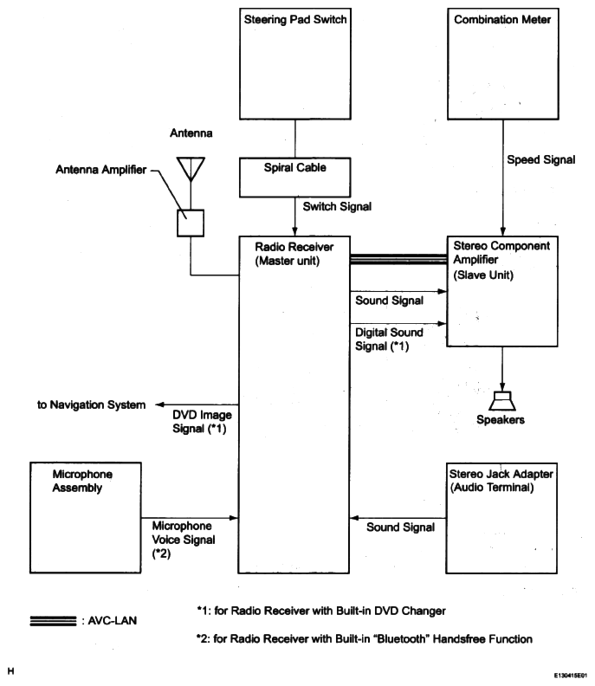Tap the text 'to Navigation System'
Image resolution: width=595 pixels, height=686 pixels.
pos(91,404)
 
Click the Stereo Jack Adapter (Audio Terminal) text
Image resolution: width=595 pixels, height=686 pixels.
pos(500,482)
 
